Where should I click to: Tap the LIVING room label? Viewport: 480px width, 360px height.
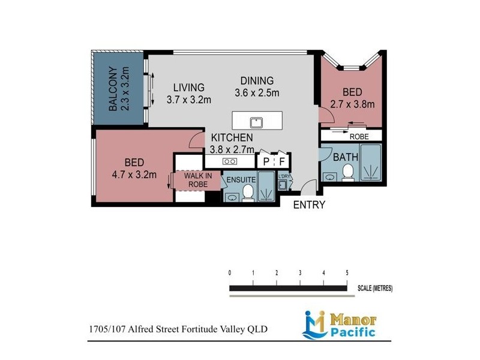185,88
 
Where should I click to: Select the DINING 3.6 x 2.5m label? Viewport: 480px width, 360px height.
257,86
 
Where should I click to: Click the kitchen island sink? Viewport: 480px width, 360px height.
257,122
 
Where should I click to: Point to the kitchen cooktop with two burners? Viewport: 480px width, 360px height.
230,161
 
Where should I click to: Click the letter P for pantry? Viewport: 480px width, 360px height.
266,161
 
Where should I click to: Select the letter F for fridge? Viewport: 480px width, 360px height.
282,161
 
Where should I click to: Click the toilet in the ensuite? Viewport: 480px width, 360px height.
248,192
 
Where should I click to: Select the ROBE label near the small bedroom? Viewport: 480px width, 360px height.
358,136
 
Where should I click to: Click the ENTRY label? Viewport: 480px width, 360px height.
309,205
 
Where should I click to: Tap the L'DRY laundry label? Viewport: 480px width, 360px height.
284,176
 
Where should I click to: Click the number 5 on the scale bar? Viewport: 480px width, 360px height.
347,273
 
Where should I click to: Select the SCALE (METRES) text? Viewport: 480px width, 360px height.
375,289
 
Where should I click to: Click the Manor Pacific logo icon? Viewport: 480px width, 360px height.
314,324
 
